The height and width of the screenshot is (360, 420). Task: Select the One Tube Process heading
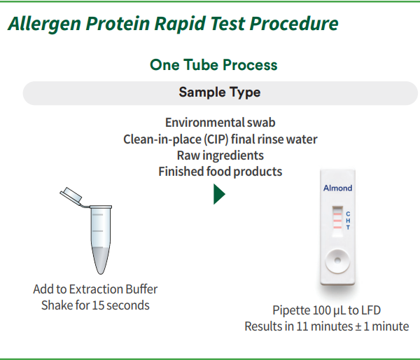(213, 65)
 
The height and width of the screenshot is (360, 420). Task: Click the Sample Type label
(219, 92)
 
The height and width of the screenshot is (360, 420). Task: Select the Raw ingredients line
(220, 155)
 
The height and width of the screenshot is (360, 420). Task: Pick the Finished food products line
(220, 171)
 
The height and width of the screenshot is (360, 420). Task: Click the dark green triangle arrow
(219, 194)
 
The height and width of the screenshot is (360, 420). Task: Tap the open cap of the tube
(71, 195)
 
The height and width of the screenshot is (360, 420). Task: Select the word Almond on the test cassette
(337, 188)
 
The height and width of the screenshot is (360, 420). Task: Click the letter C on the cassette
(348, 214)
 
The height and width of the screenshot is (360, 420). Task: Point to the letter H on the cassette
(348, 221)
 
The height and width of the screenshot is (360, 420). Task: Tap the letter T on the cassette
(348, 228)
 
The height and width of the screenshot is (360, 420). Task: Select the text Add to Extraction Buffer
(95, 289)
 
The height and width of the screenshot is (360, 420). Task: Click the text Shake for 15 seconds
(95, 305)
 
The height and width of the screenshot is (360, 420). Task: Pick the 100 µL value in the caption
(328, 310)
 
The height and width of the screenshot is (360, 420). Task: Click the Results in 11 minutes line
(326, 326)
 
